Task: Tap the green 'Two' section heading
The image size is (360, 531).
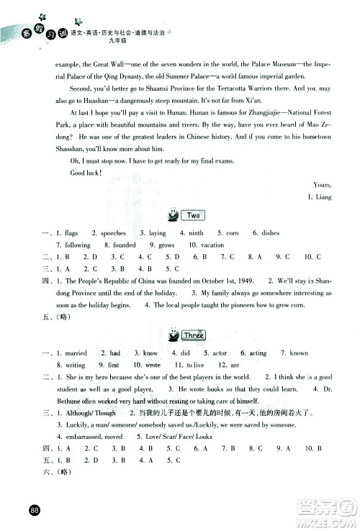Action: click(192, 215)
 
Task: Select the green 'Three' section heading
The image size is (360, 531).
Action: click(194, 335)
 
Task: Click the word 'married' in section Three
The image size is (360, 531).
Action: click(76, 354)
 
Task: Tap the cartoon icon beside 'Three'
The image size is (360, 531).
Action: click(173, 335)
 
